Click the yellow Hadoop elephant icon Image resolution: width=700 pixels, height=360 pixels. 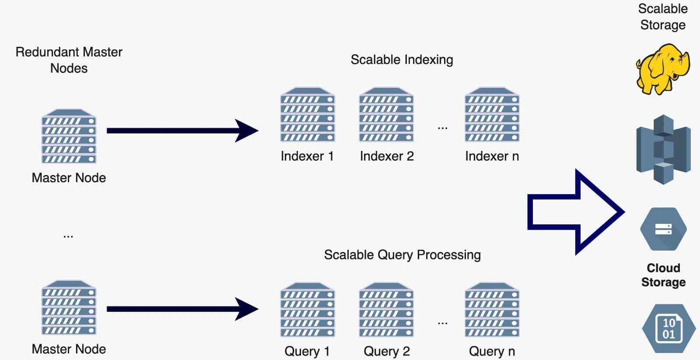coord(662,69)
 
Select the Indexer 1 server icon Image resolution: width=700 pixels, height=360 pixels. coord(307,115)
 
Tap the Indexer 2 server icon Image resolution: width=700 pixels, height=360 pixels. coord(386,115)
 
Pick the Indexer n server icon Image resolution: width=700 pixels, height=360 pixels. coord(492,115)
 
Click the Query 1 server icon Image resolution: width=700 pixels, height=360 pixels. coord(307,310)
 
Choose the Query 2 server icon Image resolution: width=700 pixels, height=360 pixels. coord(386,310)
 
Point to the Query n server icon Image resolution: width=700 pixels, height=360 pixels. coord(492,310)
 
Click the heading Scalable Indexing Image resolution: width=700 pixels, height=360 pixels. coord(402,59)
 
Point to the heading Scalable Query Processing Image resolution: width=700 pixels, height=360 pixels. coord(402,255)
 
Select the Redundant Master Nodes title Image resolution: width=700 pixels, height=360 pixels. coord(69,60)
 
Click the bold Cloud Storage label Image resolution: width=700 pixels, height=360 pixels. coord(663,275)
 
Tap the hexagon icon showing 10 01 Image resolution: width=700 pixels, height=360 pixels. coord(668,329)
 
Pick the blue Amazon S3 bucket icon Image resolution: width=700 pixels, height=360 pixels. coord(663,149)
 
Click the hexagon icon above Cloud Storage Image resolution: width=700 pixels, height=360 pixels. coord(663,229)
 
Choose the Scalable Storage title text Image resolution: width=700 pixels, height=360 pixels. coord(663,17)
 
